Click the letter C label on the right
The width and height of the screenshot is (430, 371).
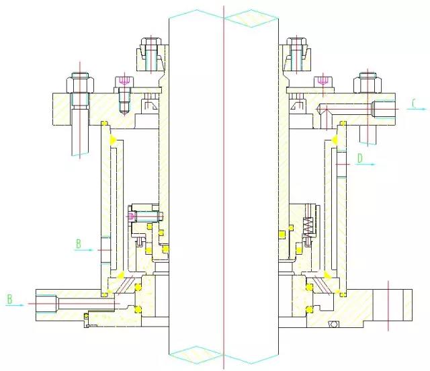pos(415,104)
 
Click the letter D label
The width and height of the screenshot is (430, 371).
pos(360,159)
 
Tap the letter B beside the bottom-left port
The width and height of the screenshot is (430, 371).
pos(10,299)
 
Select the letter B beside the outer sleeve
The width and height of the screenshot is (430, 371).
pos(79,244)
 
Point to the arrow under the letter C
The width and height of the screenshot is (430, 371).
pos(417,109)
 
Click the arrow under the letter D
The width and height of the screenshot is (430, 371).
pos(365,165)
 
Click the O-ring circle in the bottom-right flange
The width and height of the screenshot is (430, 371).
pos(334,324)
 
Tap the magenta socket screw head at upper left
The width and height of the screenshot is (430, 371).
pos(124,81)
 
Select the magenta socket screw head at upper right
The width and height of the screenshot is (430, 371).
pos(324,81)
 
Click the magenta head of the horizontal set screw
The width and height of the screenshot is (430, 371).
pos(132,216)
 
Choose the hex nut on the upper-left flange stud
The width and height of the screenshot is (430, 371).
pos(80,82)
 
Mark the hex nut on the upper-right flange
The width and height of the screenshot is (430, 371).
pos(368,83)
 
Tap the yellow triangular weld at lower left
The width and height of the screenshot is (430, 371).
pos(120,275)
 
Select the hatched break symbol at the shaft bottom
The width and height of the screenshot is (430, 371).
pos(196,355)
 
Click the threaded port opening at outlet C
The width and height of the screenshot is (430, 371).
pos(384,110)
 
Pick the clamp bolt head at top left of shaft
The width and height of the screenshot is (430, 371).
pos(150,42)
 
